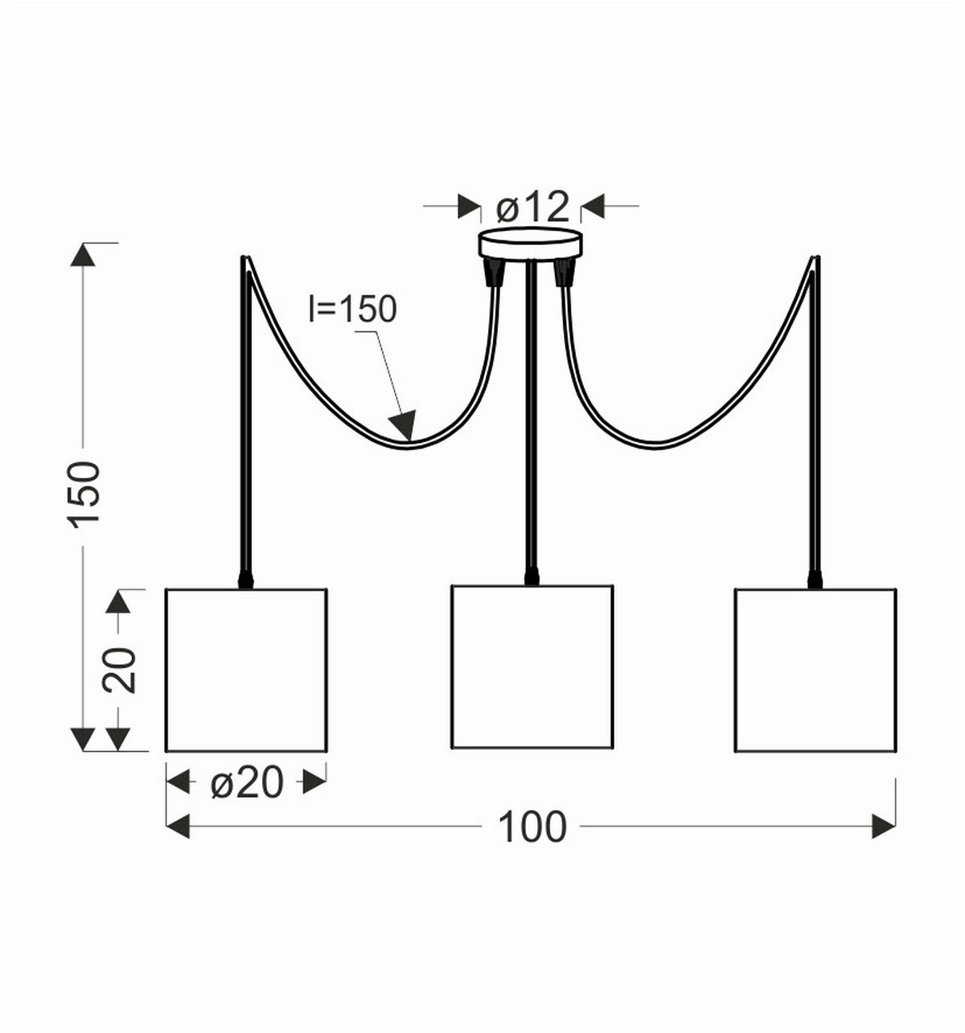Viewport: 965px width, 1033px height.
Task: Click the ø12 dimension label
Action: [x=532, y=207]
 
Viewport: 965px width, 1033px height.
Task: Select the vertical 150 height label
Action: [x=84, y=493]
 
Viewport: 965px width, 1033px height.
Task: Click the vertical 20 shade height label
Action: [x=120, y=670]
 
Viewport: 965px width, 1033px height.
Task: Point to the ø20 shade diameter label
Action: [x=247, y=781]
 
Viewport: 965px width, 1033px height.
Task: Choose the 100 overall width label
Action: [x=532, y=826]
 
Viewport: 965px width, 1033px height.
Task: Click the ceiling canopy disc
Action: [x=530, y=243]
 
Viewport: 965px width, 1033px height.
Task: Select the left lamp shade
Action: [x=246, y=670]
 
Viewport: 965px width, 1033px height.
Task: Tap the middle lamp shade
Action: [x=532, y=666]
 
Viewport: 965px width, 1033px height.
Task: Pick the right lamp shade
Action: [x=815, y=670]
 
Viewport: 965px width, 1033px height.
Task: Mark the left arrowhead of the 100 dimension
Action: [x=177, y=826]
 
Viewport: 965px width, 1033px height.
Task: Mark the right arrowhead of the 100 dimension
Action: [x=884, y=826]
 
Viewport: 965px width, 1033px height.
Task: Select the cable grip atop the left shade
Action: [x=245, y=580]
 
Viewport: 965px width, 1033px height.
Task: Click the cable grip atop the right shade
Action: [x=815, y=580]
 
